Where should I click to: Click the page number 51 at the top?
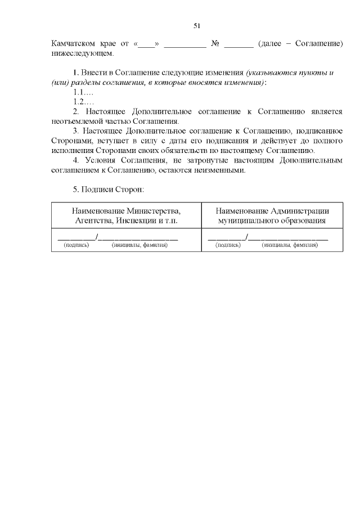pyautogui.click(x=197, y=26)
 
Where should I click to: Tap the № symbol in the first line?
pyautogui.click(x=214, y=44)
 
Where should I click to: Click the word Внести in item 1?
pyautogui.click(x=95, y=73)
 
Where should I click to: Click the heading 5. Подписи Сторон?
pyautogui.click(x=109, y=190)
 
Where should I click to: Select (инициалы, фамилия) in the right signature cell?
pyautogui.click(x=290, y=245)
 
